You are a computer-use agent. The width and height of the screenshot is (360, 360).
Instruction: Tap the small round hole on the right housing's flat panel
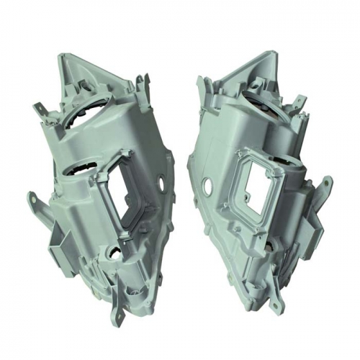208,185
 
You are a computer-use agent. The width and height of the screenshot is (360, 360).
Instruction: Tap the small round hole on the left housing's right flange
166,181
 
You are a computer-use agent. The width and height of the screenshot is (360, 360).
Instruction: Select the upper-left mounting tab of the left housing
40,108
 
